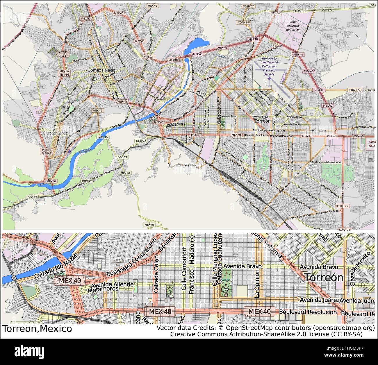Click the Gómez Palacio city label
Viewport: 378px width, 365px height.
pos(101,70)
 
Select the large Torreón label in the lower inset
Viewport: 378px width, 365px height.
pos(324,277)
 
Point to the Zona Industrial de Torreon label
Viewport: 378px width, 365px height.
pos(293,26)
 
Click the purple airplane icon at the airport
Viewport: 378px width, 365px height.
pos(270,78)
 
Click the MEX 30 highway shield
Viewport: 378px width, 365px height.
pos(275,13)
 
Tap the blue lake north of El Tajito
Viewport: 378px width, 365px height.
pos(198,44)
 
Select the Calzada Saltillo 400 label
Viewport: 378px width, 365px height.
pos(271,160)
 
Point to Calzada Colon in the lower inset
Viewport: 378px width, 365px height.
pos(156,274)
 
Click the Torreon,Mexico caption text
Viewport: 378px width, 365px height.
pos(37,329)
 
